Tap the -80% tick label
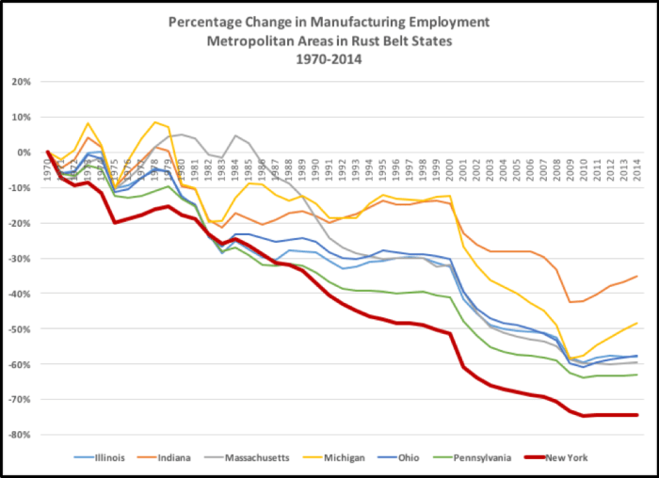coord(22,435)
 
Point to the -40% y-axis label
coord(22,294)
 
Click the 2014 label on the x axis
coord(638,166)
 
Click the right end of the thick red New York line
coord(637,415)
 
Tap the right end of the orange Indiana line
coord(637,277)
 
